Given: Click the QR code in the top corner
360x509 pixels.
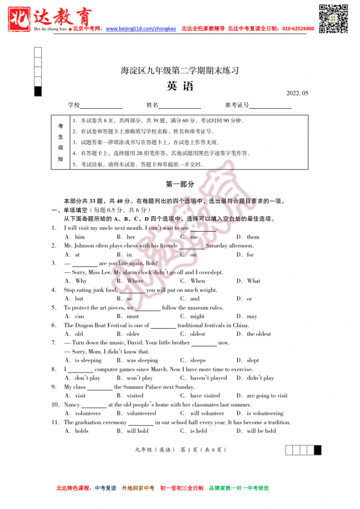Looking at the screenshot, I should [x=333, y=18].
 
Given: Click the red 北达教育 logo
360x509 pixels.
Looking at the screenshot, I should [x=50, y=19].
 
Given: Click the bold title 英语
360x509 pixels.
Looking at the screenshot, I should [x=180, y=86].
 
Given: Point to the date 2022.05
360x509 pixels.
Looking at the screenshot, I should [x=297, y=93].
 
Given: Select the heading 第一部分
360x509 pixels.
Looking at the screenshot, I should [x=180, y=184].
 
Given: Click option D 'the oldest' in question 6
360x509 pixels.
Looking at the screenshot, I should [x=259, y=334].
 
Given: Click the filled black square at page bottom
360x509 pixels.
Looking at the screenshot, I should [x=317, y=450].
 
